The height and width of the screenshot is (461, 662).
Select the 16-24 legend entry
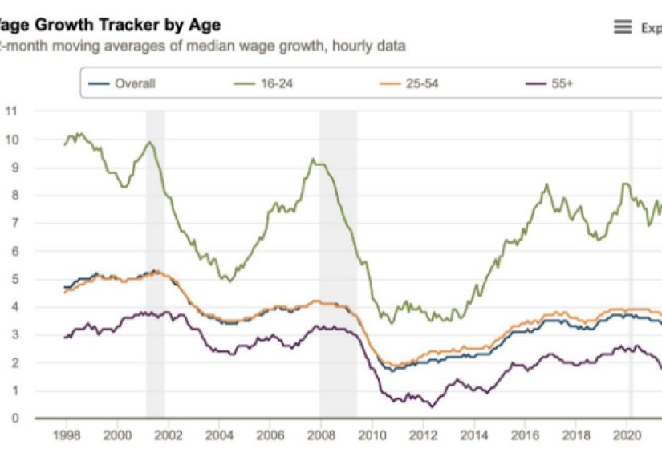click(x=279, y=83)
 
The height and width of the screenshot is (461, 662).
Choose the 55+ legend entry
click(x=562, y=83)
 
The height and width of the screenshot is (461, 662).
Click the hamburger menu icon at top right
click(x=623, y=27)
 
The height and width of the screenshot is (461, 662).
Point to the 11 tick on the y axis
click(x=11, y=111)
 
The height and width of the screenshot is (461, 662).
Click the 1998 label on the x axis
click(x=66, y=438)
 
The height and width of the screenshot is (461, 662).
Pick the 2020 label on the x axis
click(x=625, y=438)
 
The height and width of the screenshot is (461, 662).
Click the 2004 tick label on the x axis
click(x=218, y=438)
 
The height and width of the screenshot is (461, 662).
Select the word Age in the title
click(x=205, y=26)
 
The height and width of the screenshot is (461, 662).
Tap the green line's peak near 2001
click(x=149, y=142)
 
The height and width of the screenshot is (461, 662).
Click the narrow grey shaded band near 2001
click(x=155, y=265)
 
